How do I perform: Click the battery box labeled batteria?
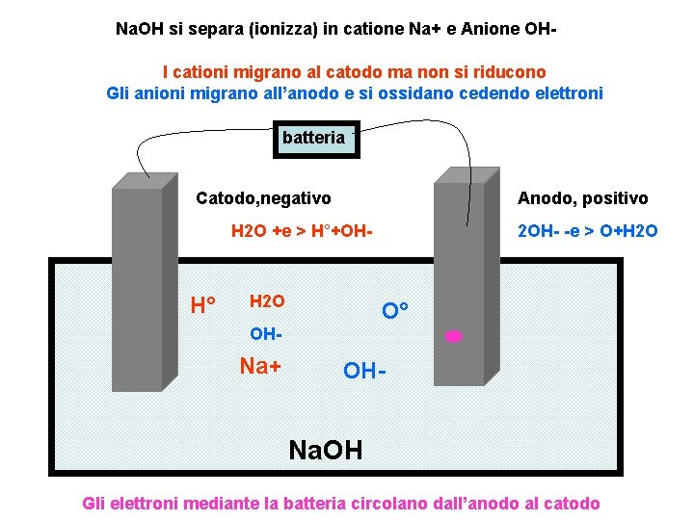pyautogui.click(x=313, y=139)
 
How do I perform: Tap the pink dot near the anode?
pyautogui.click(x=454, y=336)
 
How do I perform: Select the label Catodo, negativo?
pyautogui.click(x=263, y=198)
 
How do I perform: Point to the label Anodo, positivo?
pyautogui.click(x=583, y=198)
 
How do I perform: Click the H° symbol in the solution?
pyautogui.click(x=203, y=307)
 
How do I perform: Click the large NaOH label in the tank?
pyautogui.click(x=327, y=449)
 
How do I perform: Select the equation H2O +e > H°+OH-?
pyautogui.click(x=301, y=231)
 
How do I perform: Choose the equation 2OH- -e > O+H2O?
pyautogui.click(x=588, y=231)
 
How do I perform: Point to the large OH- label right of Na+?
pyautogui.click(x=367, y=371)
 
